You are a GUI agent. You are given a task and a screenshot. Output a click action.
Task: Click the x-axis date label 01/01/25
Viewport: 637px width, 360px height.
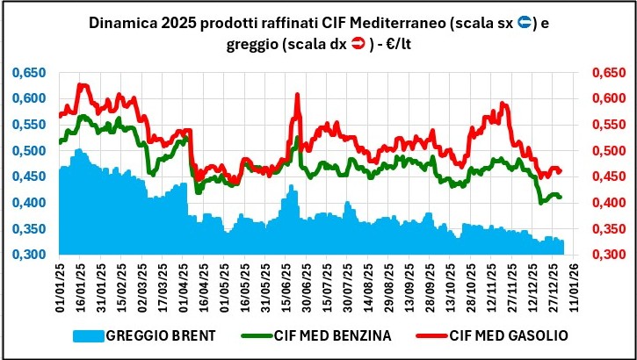[x=61, y=287]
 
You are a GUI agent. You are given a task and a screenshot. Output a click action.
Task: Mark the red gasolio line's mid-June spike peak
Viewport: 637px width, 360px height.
[x=297, y=94]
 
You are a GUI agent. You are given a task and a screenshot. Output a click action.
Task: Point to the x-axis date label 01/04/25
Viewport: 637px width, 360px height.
[x=182, y=287]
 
